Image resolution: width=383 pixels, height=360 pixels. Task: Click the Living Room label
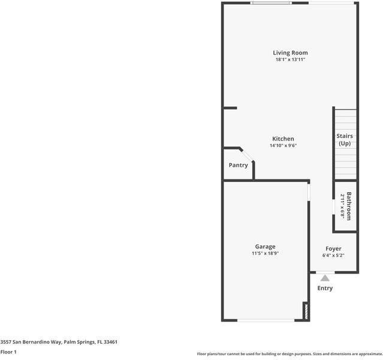[x=291, y=53]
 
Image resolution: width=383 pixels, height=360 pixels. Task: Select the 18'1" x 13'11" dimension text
[x=291, y=59]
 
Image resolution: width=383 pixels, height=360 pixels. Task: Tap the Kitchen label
[x=283, y=139]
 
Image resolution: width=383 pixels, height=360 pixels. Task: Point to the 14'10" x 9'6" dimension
[x=283, y=145]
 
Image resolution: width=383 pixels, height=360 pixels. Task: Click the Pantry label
[x=238, y=165]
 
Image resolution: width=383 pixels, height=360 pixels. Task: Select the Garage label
[x=265, y=247]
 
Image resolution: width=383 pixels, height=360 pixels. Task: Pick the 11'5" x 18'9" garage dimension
[x=265, y=253]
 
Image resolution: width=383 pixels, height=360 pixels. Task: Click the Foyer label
[x=333, y=248]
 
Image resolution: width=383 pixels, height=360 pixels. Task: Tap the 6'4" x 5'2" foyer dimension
[x=333, y=255]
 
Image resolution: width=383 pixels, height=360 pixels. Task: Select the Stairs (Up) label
[x=345, y=140]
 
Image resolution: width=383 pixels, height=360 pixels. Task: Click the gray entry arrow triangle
[x=325, y=278]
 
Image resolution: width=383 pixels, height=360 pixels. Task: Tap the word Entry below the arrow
[x=325, y=288]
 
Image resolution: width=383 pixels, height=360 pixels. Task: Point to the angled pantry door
[x=248, y=154]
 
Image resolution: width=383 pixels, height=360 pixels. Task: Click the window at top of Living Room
[x=271, y=3]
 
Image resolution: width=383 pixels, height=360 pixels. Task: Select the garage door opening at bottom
[x=264, y=320]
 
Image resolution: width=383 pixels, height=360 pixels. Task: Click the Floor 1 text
[x=8, y=352]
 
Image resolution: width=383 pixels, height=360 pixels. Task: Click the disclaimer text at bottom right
[x=289, y=354]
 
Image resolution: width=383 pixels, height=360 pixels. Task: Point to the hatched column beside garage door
[x=305, y=311]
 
